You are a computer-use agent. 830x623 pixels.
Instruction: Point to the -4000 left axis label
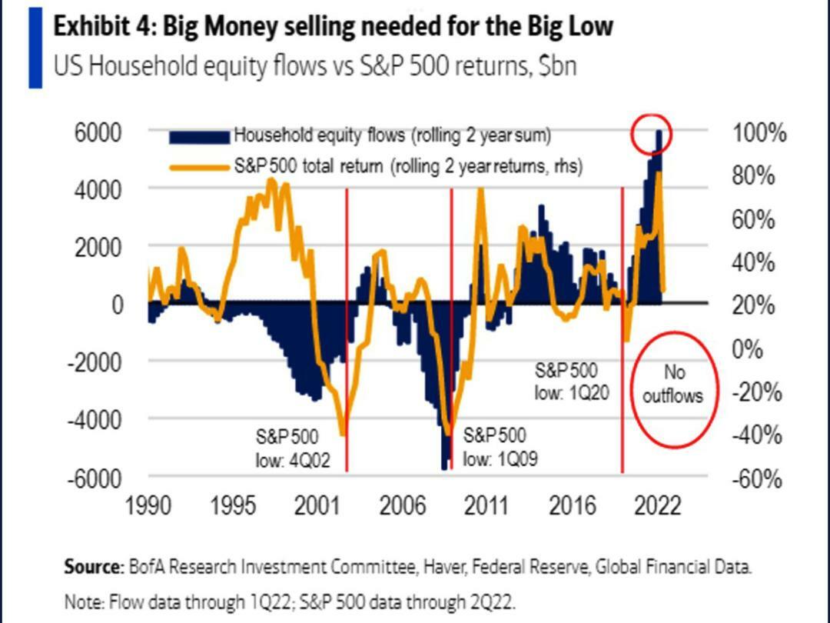97,420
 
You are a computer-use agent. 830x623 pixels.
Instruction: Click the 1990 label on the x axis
148,506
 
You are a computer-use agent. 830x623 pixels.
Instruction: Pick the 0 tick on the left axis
115,305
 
